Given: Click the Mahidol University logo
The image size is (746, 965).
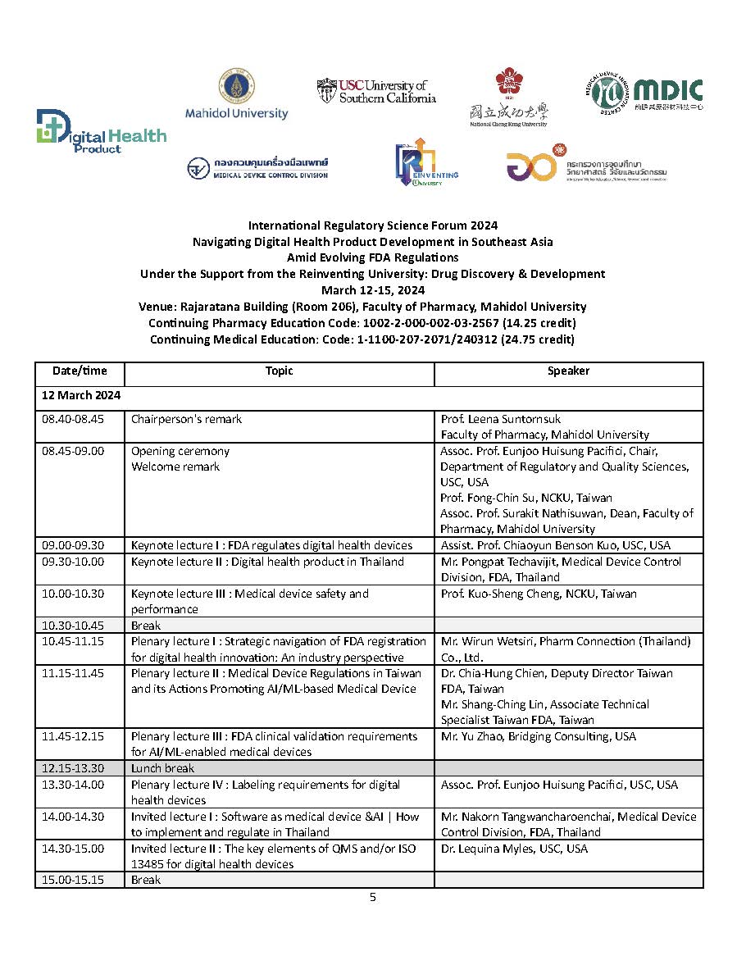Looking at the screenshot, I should [237, 95].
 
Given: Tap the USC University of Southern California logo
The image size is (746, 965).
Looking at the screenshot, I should [376, 92].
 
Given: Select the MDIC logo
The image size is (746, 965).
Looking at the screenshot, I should [647, 92].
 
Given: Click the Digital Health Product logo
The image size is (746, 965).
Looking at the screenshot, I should [101, 132].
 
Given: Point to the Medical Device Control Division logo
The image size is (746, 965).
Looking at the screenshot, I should [257, 168].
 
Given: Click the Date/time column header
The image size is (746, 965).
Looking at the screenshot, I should [80, 371].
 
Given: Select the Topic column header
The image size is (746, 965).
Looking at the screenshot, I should [279, 371].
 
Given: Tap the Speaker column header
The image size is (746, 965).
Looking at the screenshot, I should [568, 371].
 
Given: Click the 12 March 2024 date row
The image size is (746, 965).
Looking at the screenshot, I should [82, 395].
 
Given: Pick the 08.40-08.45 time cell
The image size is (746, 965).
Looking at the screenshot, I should [73, 420].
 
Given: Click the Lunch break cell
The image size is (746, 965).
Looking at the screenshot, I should [163, 768].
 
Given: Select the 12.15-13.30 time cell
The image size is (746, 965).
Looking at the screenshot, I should [73, 768].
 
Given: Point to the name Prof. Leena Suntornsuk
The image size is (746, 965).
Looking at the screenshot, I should [501, 420].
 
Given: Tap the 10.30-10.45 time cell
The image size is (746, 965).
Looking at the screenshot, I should [73, 626].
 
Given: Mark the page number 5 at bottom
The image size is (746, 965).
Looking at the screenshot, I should [373, 898].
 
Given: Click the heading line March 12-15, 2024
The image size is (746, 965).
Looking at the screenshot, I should [373, 290].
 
